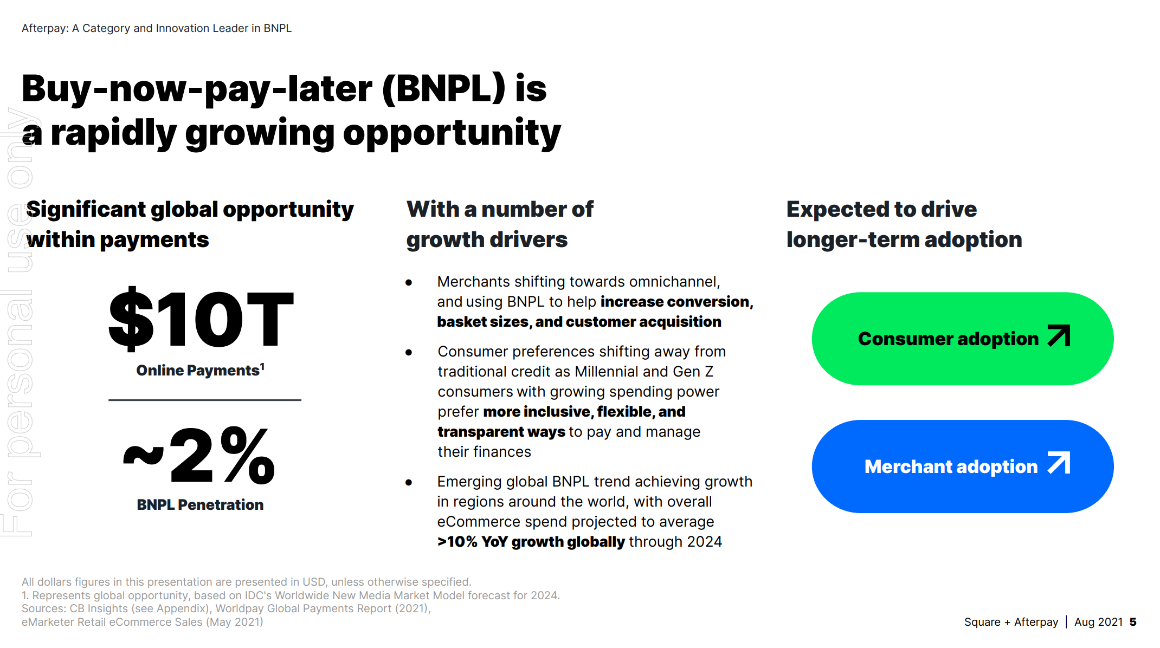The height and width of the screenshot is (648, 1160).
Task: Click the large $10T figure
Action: click(201, 319)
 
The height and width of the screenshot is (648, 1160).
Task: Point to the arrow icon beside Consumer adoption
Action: click(1059, 336)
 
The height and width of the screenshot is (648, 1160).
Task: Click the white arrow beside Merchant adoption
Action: click(1059, 463)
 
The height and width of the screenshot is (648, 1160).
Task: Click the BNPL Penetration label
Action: click(200, 505)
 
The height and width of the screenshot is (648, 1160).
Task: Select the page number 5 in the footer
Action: click(1132, 622)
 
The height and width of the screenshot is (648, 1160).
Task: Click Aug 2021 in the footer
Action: click(1098, 622)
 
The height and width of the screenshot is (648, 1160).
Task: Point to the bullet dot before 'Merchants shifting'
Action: click(409, 282)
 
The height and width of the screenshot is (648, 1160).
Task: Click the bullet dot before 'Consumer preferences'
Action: click(409, 352)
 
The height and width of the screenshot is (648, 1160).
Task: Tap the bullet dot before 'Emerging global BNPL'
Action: click(409, 482)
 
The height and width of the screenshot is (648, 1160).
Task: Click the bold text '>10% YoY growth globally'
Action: click(531, 542)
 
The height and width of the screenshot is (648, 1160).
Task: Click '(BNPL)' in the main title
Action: click(444, 88)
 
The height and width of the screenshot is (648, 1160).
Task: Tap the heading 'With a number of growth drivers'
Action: click(499, 224)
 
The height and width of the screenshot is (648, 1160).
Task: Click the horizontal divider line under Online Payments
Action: click(204, 400)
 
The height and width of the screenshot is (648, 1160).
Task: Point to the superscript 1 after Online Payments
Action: click(262, 366)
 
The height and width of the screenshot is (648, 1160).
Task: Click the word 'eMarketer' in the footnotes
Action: click(48, 622)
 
